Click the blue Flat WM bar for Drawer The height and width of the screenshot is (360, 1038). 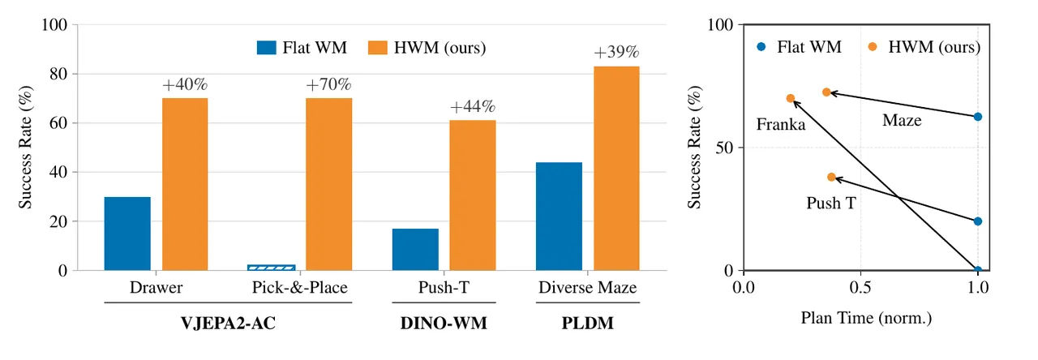click(x=127, y=234)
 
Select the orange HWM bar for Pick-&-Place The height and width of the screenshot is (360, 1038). click(x=329, y=184)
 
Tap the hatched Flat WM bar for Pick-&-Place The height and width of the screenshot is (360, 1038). click(x=272, y=268)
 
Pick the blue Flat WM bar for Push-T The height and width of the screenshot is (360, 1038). click(x=415, y=249)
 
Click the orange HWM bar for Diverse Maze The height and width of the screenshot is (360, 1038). click(x=617, y=168)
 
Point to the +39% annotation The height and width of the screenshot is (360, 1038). click(x=616, y=52)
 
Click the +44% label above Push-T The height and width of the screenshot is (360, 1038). click(x=473, y=106)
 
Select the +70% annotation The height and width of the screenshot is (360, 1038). click(x=328, y=84)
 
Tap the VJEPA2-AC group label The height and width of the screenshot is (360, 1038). click(x=228, y=323)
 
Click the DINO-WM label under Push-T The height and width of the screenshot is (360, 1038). click(x=444, y=323)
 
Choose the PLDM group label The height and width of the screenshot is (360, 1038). click(x=588, y=323)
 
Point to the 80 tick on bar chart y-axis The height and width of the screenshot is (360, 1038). click(x=59, y=74)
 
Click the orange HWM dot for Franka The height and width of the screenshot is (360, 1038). click(x=791, y=98)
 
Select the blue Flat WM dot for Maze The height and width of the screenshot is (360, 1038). click(x=978, y=117)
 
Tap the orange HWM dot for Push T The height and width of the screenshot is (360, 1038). click(x=832, y=177)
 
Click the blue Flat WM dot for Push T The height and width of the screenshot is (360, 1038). click(x=978, y=221)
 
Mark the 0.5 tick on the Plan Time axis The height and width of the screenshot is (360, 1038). click(x=860, y=288)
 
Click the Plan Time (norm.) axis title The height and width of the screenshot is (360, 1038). click(x=867, y=319)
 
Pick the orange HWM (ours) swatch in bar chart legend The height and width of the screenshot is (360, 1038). click(x=378, y=48)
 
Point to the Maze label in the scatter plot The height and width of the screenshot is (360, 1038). click(x=902, y=121)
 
